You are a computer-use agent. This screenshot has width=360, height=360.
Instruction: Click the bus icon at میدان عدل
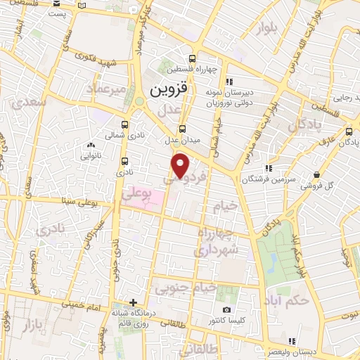pos(183,129)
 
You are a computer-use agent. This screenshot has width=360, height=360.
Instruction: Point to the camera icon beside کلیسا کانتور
pos(226,310)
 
